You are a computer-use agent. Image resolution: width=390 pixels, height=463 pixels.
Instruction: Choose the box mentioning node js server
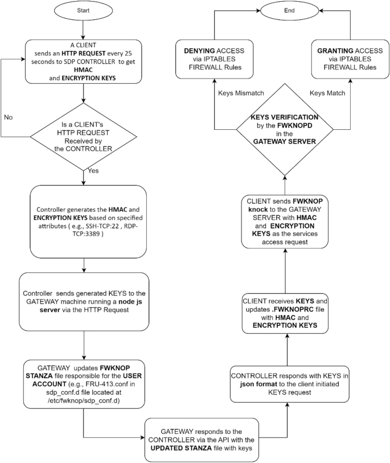coord(84,301)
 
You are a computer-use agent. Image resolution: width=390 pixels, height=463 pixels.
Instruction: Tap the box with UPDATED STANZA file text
coord(202,435)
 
